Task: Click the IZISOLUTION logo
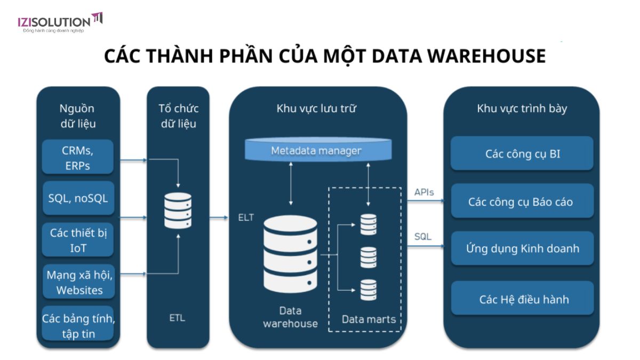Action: click(59, 22)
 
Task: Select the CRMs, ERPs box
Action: click(78, 157)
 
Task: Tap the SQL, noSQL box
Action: click(78, 198)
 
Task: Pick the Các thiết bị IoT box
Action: click(78, 240)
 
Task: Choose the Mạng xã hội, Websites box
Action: click(78, 282)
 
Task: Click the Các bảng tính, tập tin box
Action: click(78, 326)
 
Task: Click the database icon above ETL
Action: click(178, 211)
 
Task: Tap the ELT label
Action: click(246, 218)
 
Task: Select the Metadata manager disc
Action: click(316, 151)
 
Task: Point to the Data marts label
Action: click(369, 319)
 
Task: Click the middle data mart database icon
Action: click(368, 258)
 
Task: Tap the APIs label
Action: click(424, 192)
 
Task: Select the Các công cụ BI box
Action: click(522, 154)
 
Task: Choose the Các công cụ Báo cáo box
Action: click(522, 202)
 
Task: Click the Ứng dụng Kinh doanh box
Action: click(522, 249)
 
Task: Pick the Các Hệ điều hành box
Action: click(522, 299)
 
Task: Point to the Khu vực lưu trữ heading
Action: click(316, 109)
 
